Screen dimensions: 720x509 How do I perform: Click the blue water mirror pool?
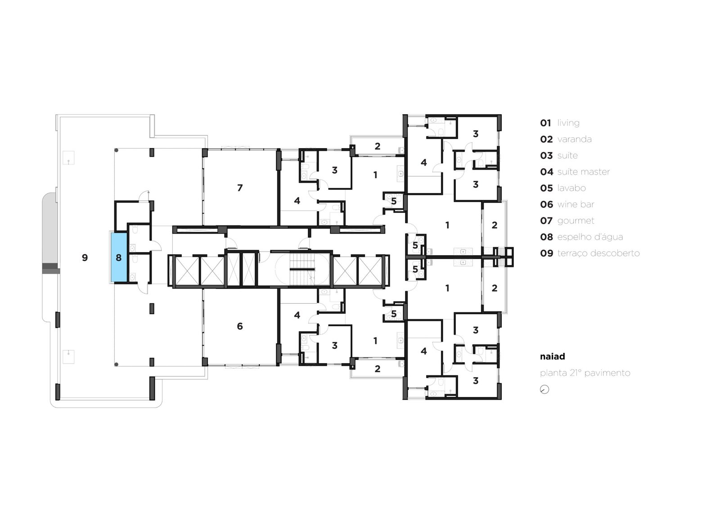(119, 257)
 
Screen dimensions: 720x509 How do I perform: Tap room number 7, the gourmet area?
(240, 188)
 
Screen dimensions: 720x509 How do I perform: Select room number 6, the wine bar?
(240, 326)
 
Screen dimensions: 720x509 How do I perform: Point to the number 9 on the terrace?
(85, 257)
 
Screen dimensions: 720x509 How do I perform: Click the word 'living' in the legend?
(568, 123)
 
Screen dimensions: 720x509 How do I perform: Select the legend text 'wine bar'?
(576, 204)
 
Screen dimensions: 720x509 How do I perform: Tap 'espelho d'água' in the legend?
(590, 237)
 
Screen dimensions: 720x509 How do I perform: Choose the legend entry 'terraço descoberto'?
(598, 253)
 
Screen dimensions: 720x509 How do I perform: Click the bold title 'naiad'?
(552, 356)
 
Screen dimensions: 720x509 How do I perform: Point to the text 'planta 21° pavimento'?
(585, 373)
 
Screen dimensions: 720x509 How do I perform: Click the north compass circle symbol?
(544, 389)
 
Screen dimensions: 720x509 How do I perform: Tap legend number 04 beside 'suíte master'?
(546, 172)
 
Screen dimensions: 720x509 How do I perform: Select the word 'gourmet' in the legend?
(576, 221)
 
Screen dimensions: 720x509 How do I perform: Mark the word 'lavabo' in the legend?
(571, 188)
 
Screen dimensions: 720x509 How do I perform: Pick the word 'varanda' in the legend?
(574, 139)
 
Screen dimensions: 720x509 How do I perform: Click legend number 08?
(546, 237)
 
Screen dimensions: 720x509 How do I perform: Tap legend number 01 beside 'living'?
(545, 123)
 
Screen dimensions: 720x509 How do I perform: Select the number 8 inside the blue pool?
(119, 257)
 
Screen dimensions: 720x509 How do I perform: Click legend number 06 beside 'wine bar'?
(546, 204)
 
